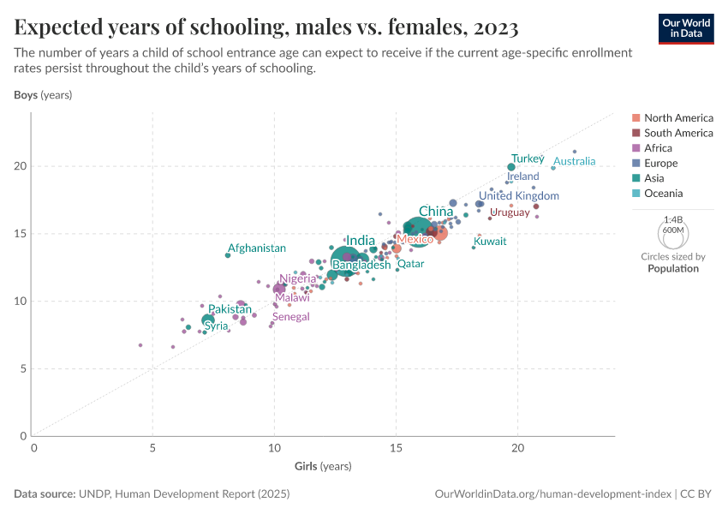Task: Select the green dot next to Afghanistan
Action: [x=228, y=254]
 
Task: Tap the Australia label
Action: [x=580, y=161]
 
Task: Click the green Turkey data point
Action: [x=511, y=167]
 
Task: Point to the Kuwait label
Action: [x=490, y=242]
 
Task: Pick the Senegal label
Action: [x=290, y=316]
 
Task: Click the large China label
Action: [x=436, y=212]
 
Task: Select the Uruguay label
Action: [x=510, y=212]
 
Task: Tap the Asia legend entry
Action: [x=653, y=178]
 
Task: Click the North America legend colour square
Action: [x=636, y=118]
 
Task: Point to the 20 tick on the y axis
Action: [x=23, y=166]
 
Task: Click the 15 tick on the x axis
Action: [x=396, y=448]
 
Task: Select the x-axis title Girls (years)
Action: [x=323, y=466]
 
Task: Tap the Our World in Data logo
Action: [x=686, y=28]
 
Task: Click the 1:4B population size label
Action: [x=672, y=220]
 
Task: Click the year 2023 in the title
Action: [x=493, y=28]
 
